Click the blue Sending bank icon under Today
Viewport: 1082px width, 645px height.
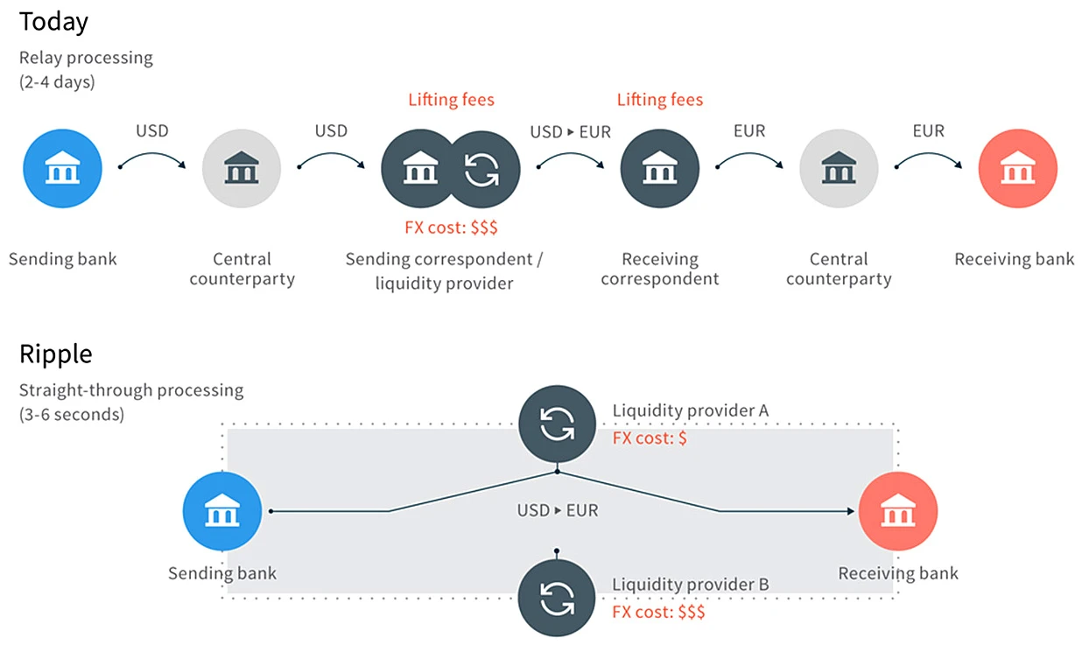click(62, 169)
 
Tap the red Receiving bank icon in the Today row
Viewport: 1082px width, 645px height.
click(1018, 169)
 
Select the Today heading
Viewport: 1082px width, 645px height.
click(53, 22)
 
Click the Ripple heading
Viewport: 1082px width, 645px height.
click(55, 354)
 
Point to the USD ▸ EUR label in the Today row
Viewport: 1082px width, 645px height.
click(571, 132)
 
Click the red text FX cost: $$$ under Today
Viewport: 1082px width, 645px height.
click(451, 228)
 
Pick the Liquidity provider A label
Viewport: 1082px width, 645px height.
click(691, 410)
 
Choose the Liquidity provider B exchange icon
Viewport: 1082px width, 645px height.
click(557, 598)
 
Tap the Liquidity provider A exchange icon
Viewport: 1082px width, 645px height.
click(557, 424)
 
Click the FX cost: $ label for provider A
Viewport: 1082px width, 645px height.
click(650, 438)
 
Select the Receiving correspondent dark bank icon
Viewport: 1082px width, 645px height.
click(660, 169)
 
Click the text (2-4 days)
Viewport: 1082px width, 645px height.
click(57, 82)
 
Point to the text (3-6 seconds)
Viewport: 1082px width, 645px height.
click(72, 415)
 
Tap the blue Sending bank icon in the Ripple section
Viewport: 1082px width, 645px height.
click(222, 511)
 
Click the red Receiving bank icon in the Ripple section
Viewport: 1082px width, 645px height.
click(898, 511)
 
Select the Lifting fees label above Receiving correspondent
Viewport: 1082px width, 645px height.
click(660, 100)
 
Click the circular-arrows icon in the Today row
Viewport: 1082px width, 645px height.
click(481, 170)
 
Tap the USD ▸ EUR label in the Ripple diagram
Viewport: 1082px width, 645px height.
click(558, 510)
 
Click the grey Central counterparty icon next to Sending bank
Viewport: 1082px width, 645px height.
click(242, 169)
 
